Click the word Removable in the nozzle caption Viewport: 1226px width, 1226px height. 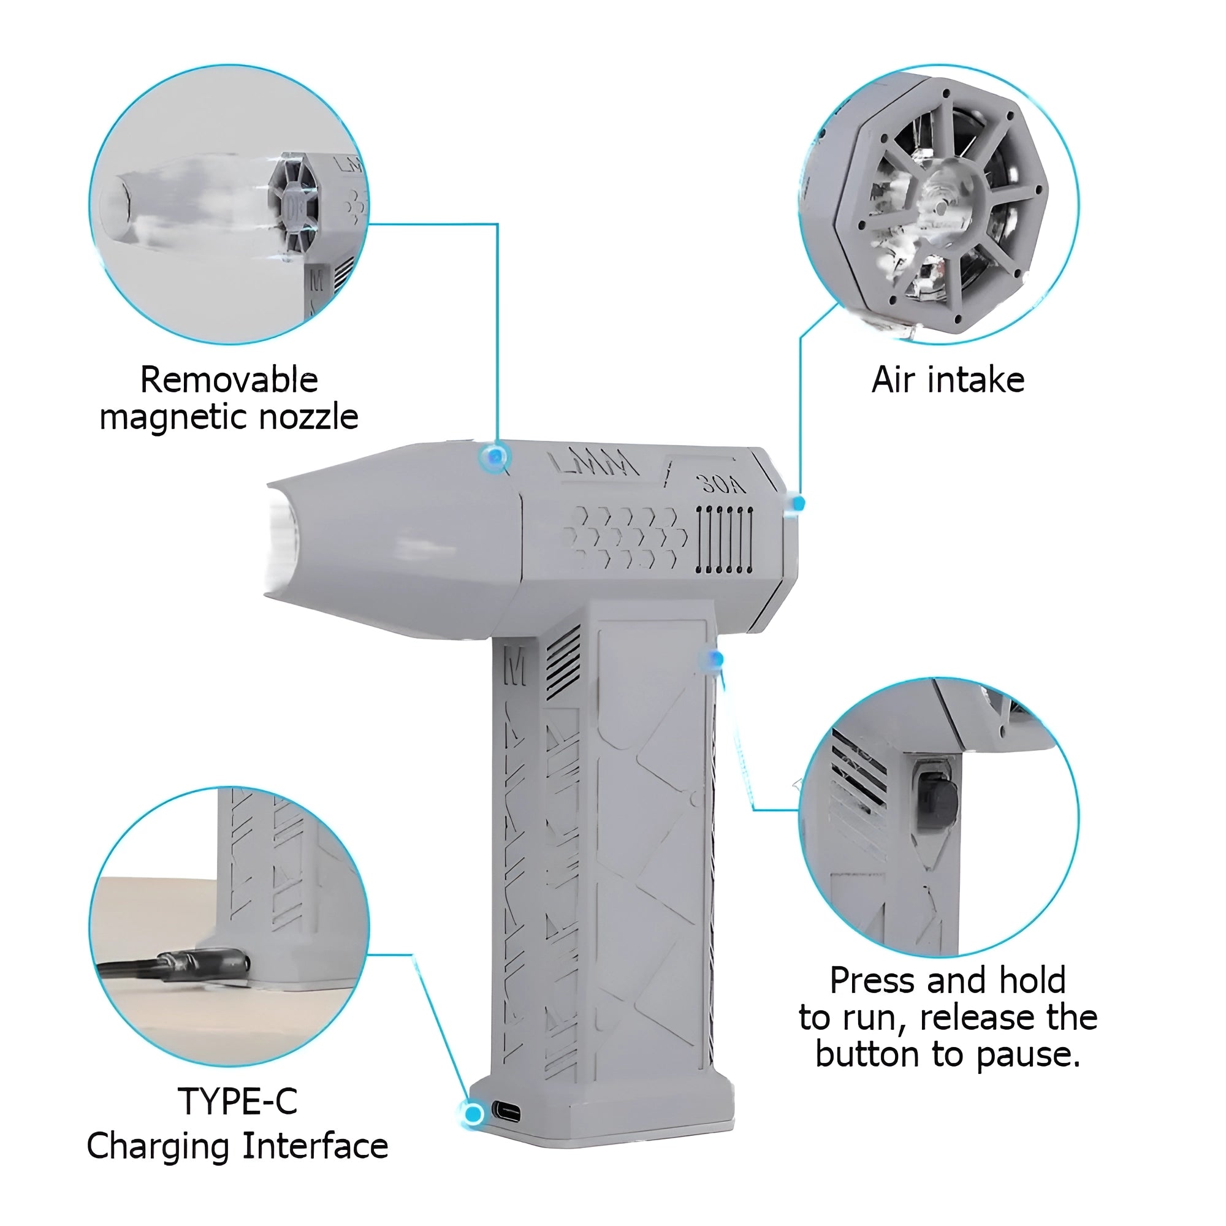pos(229,381)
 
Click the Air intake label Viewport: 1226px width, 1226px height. pos(948,381)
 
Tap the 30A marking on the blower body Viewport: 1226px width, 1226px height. pos(723,485)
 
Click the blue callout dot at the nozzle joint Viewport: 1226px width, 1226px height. pos(495,455)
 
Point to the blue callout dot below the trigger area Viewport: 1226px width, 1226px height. pos(716,660)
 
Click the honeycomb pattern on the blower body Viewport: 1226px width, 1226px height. pos(625,536)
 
